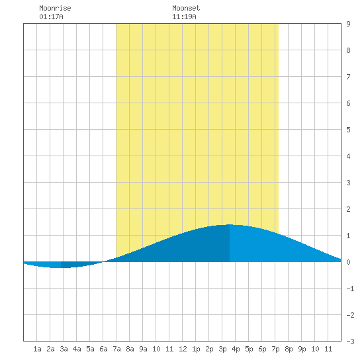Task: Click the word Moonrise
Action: (x=55, y=8)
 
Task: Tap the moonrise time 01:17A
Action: (x=51, y=17)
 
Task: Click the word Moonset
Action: (x=186, y=8)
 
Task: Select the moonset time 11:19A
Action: (x=184, y=17)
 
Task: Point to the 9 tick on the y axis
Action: (x=348, y=24)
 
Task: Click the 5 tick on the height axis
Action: (x=348, y=130)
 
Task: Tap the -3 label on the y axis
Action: (x=350, y=341)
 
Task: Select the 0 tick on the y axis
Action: (x=348, y=262)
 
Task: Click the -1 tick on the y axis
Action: (x=350, y=289)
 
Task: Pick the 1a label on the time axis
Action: (x=37, y=349)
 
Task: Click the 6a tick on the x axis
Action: (x=103, y=349)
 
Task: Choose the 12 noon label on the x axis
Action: (x=183, y=349)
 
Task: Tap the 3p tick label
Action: (x=222, y=349)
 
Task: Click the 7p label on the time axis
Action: (x=275, y=349)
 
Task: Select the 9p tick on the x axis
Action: (x=302, y=349)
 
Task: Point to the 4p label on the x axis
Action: (x=236, y=349)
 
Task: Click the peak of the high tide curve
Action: (x=230, y=225)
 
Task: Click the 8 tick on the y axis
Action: (x=348, y=50)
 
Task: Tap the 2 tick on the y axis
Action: (x=348, y=209)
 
